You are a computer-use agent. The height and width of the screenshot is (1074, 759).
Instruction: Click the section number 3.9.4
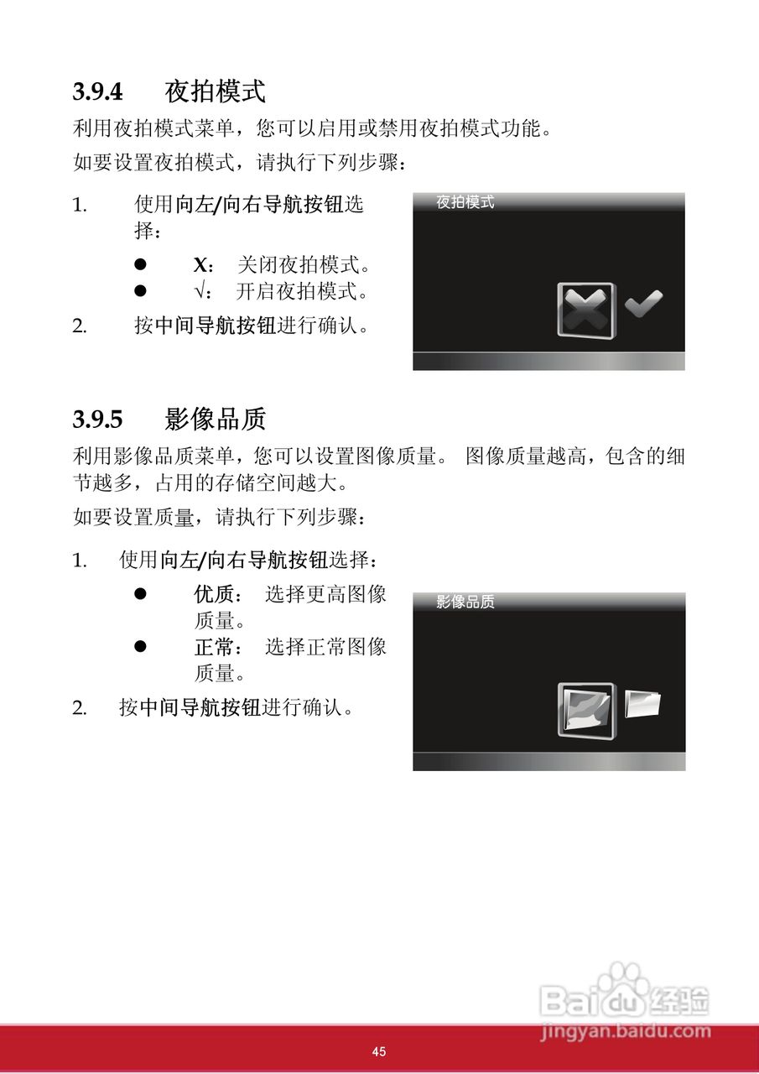[97, 91]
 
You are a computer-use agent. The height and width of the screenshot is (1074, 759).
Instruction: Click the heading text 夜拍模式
[216, 91]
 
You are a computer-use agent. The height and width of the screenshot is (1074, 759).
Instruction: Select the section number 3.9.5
[97, 418]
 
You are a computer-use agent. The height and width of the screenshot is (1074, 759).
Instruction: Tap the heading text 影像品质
[216, 418]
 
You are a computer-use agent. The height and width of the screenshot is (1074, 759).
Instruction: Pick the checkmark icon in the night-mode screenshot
[644, 304]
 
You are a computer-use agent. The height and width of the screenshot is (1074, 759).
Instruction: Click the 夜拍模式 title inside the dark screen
[465, 202]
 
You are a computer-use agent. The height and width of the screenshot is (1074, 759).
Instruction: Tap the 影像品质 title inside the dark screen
[465, 602]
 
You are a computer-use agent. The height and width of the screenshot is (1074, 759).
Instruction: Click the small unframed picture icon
[643, 703]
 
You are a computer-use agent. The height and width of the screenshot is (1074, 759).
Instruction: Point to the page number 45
[379, 1051]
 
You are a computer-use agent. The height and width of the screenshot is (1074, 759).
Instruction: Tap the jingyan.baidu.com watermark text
[626, 1032]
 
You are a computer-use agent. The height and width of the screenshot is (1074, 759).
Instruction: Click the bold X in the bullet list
[200, 266]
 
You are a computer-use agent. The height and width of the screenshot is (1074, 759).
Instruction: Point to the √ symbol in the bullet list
[200, 292]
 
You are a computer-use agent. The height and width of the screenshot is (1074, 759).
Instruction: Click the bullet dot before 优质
[141, 595]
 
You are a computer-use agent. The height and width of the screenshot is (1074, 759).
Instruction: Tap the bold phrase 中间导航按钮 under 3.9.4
[216, 326]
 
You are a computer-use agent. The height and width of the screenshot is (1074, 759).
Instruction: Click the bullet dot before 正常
[141, 647]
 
